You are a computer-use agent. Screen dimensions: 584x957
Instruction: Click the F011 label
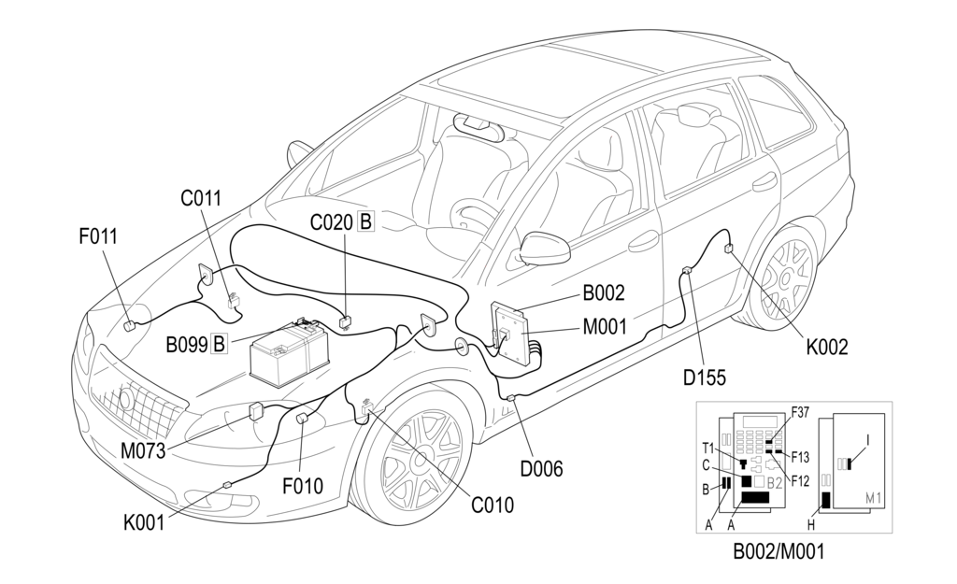click(x=98, y=236)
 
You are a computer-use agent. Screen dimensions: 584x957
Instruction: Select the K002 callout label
click(x=827, y=348)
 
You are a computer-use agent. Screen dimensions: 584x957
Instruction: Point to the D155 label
click(x=703, y=377)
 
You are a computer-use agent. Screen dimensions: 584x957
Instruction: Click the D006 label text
click(x=541, y=468)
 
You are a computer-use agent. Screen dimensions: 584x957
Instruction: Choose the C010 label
click(x=492, y=506)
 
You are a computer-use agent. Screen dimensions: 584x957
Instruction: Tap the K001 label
click(x=143, y=522)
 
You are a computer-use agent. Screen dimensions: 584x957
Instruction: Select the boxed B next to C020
click(x=365, y=222)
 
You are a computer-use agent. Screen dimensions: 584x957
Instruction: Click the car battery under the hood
click(x=289, y=353)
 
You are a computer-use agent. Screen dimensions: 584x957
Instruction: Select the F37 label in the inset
click(x=801, y=410)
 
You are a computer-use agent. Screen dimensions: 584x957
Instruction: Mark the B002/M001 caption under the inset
click(x=778, y=552)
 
